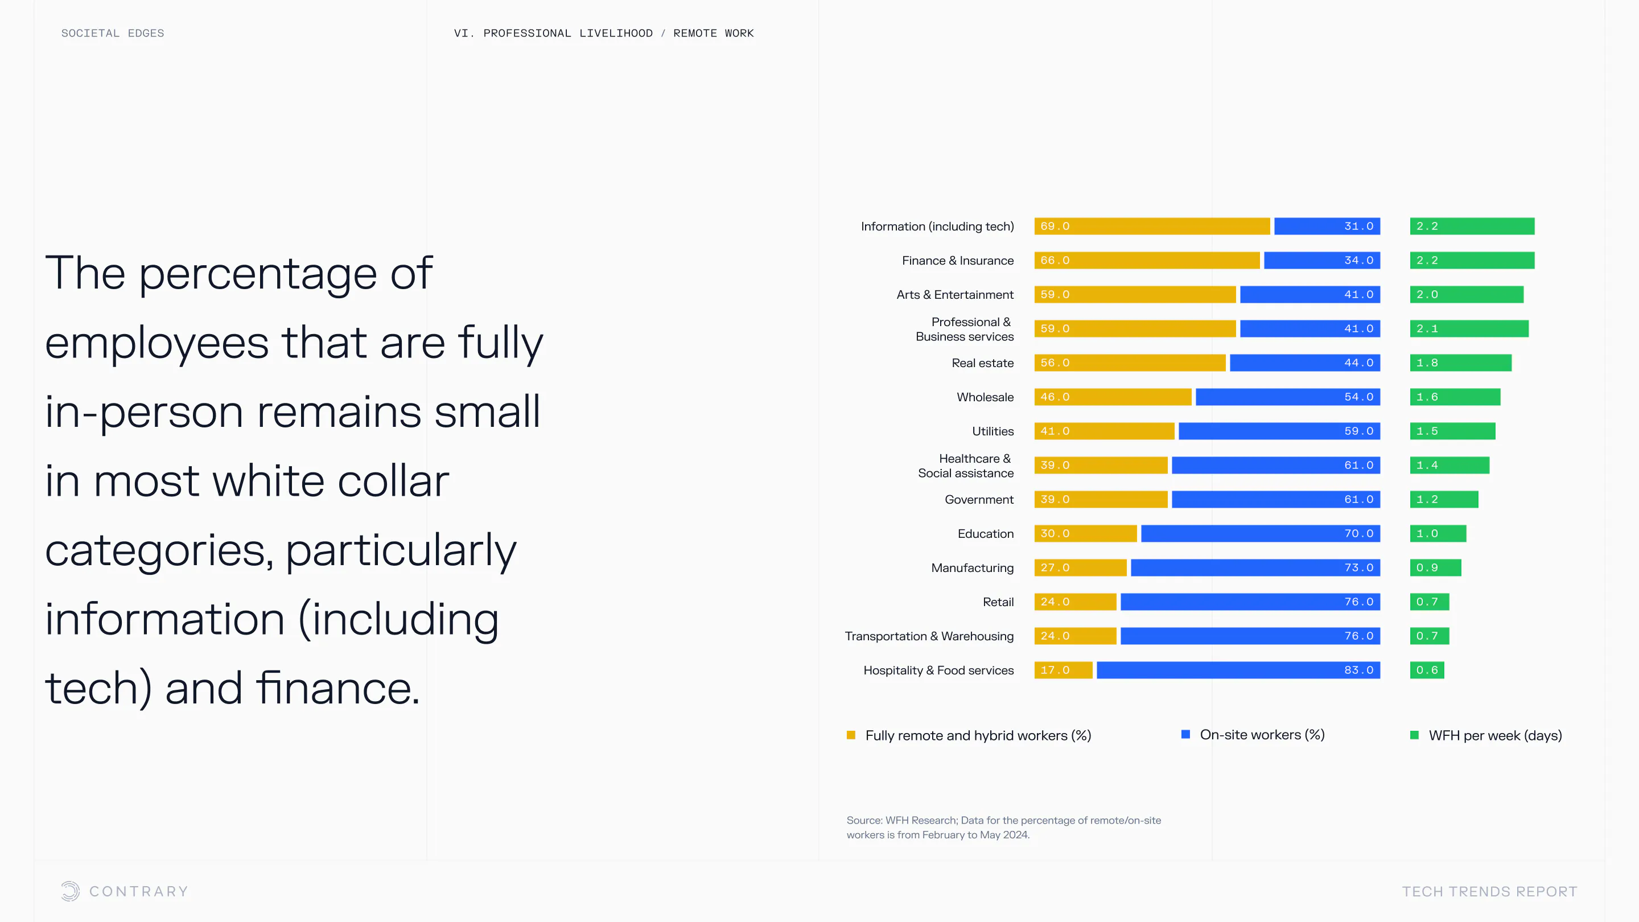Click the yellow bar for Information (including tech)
[1152, 227]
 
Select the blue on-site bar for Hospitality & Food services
[1238, 670]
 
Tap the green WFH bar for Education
[1438, 534]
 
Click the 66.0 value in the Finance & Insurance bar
[1055, 261]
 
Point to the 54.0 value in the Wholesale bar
[1358, 397]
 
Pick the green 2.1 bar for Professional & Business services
[1468, 329]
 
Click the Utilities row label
[993, 431]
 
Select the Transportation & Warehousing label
[929, 636]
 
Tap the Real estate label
[982, 363]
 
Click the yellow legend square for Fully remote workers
[851, 735]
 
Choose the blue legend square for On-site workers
[1185, 735]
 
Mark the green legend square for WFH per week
[1414, 735]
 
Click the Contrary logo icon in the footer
[70, 891]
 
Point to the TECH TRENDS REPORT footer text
[1489, 892]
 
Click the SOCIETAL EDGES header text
[113, 33]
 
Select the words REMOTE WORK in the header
[713, 33]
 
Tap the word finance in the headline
[337, 689]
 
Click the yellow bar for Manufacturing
[1080, 567]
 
